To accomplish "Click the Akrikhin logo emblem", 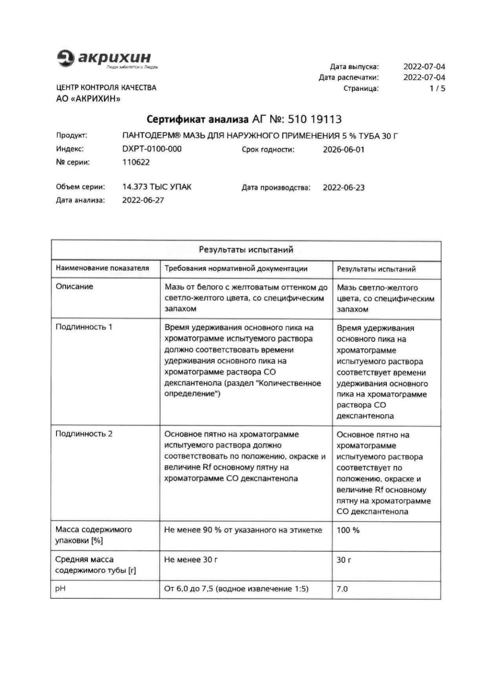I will click(65, 58).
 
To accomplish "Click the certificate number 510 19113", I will click(314, 119).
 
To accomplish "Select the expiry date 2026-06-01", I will click(344, 150).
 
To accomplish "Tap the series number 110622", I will click(136, 162).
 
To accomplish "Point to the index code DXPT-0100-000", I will click(152, 149).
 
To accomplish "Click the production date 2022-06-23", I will click(344, 188).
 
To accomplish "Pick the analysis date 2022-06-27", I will click(143, 200).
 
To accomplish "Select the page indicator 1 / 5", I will click(437, 88).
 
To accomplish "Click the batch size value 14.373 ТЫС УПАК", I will click(157, 187).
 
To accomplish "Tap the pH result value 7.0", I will click(342, 589).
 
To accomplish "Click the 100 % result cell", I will click(348, 530).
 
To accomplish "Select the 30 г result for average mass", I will click(344, 560).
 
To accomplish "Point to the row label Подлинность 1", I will click(84, 327).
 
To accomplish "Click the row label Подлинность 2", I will click(84, 434).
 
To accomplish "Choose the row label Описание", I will click(74, 286).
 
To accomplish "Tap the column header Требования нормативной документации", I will click(236, 268).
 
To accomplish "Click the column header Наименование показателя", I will click(102, 268).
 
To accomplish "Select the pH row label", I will click(60, 589).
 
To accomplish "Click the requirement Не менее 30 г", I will click(190, 560).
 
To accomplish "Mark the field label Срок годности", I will click(268, 150).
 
